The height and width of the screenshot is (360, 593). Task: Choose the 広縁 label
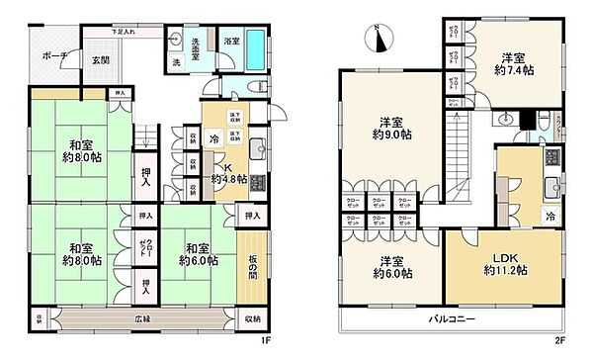[x=144, y=319]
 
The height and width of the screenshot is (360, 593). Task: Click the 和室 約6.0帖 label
[x=195, y=254]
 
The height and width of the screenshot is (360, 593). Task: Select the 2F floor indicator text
[x=559, y=341]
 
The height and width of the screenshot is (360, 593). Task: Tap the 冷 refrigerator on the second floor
[x=551, y=216]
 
